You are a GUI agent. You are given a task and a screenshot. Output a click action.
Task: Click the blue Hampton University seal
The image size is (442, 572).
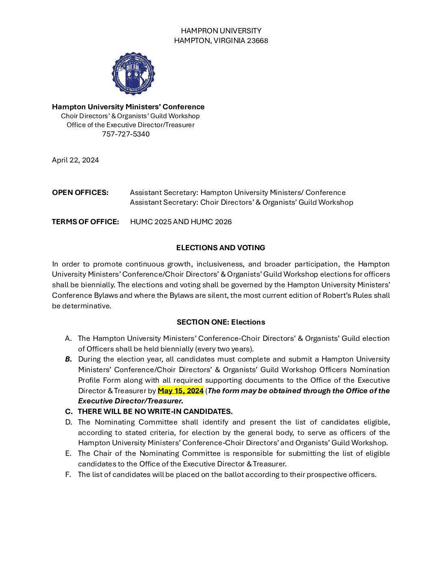click(x=133, y=74)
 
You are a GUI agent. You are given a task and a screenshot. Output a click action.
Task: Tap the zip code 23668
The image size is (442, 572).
click(x=258, y=41)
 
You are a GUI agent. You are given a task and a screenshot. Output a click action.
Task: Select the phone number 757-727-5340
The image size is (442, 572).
click(x=126, y=134)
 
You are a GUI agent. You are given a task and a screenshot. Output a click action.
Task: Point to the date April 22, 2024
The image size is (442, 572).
click(x=75, y=160)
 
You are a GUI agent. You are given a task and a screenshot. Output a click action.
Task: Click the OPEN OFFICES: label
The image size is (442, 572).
click(x=80, y=193)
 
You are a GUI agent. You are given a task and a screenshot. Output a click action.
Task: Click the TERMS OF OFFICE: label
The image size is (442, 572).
click(x=85, y=222)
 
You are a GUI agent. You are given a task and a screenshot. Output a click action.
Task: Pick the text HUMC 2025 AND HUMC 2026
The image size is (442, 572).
click(x=181, y=222)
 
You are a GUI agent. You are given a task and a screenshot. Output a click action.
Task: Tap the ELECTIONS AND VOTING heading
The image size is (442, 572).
click(x=221, y=248)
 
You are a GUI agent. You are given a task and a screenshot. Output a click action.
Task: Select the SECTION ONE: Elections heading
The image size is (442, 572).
click(x=221, y=322)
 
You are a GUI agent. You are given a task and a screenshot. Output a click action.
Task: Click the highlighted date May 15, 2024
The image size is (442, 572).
click(x=180, y=391)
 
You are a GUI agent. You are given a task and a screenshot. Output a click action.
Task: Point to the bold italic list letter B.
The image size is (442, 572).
click(x=68, y=359)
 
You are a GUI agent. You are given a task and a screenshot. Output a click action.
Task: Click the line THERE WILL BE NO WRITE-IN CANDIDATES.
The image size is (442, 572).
click(x=155, y=412)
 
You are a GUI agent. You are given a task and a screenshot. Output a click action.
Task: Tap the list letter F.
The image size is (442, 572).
click(x=68, y=474)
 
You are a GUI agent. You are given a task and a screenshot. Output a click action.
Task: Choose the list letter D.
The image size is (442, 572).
click(x=68, y=422)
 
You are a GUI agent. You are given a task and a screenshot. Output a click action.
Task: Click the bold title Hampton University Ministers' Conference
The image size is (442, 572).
click(x=128, y=107)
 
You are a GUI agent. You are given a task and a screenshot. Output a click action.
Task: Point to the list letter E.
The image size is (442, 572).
click(x=68, y=453)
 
